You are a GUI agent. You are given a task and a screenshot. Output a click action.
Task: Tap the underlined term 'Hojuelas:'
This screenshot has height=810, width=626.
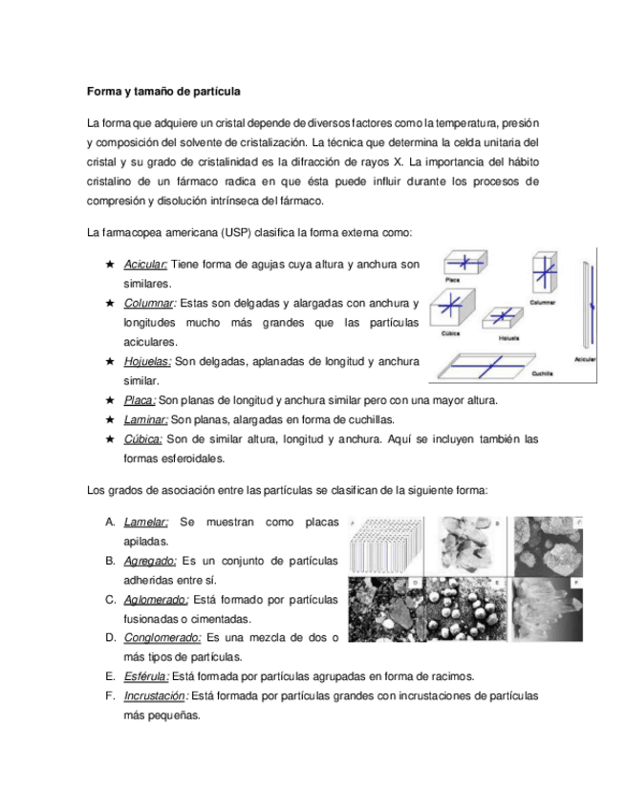click(x=147, y=361)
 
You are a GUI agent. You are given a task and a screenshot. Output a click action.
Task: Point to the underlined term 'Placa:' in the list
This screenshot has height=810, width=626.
click(x=140, y=400)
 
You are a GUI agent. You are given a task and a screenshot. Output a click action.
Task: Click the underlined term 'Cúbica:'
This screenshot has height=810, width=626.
click(x=144, y=439)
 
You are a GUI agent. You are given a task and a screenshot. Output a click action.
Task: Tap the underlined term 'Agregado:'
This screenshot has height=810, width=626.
click(x=149, y=560)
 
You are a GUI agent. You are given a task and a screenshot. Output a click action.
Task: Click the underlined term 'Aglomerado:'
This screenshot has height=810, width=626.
click(x=155, y=600)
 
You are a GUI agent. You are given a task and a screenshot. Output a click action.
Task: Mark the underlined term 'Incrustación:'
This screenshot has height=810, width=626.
click(x=157, y=696)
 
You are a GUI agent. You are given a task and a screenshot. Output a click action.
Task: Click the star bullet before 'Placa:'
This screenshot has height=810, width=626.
click(x=111, y=400)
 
